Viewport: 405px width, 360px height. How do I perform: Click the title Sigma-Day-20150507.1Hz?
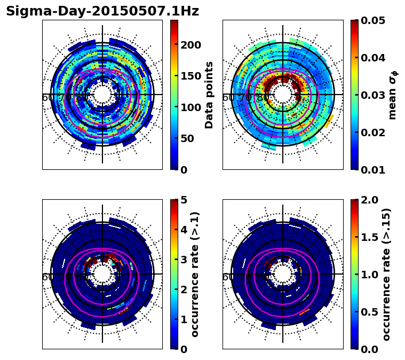102,11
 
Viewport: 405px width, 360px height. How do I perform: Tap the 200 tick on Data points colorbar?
190,44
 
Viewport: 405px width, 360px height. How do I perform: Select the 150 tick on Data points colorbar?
190,76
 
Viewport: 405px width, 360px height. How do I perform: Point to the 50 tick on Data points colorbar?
187,138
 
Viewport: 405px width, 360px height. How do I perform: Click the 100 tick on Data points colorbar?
190,107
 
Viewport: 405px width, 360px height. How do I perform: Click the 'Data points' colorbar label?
209,95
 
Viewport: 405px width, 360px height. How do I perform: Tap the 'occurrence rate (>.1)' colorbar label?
195,274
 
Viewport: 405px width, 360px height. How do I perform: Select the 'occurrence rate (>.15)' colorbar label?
386,274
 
